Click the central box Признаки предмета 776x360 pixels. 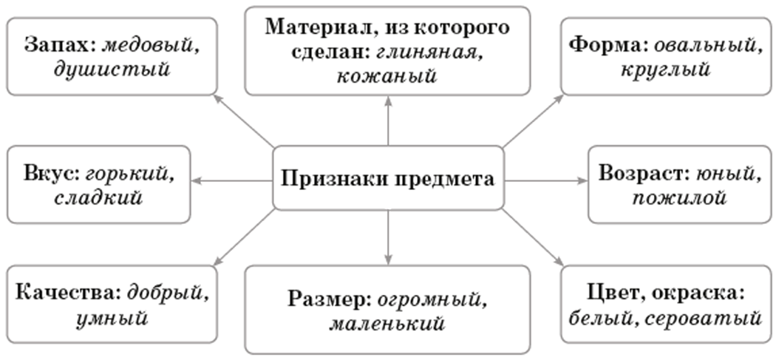click(389, 178)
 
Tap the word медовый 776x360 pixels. click(151, 44)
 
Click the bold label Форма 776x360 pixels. click(605, 44)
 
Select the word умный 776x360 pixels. click(110, 318)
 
